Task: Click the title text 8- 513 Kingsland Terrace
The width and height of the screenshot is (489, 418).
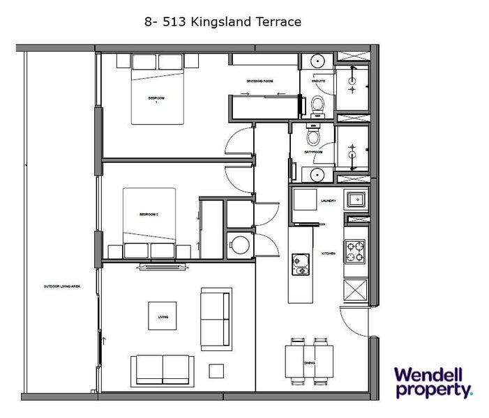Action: coord(222,22)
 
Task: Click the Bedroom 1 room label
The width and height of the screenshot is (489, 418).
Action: coord(157,98)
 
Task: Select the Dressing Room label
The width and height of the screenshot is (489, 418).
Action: coord(258,80)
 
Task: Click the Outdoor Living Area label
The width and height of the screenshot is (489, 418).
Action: coord(63,286)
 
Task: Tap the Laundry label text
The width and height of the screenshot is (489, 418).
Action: coord(329,201)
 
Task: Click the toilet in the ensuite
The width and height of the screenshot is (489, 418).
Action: coord(317,104)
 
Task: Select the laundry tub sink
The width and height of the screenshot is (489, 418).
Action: coord(356,201)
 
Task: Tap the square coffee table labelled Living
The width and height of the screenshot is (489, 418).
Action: coord(163,318)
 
